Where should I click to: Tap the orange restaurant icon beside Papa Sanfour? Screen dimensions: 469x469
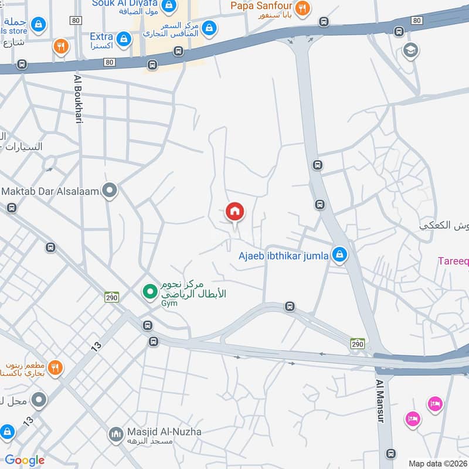pyautogui.click(x=303, y=8)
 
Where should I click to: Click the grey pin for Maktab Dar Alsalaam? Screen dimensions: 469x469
pyautogui.click(x=109, y=191)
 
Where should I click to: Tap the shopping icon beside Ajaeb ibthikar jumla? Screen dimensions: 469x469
pyautogui.click(x=338, y=255)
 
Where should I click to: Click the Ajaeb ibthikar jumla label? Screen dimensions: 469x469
pyautogui.click(x=283, y=256)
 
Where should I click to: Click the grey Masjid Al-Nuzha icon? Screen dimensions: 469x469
pyautogui.click(x=115, y=435)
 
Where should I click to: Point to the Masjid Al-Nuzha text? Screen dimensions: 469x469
pyautogui.click(x=164, y=432)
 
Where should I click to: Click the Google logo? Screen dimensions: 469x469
pyautogui.click(x=25, y=460)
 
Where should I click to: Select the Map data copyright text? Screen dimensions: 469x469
pyautogui.click(x=438, y=463)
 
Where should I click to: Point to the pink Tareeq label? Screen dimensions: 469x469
pyautogui.click(x=453, y=261)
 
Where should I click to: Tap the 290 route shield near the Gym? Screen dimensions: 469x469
pyautogui.click(x=111, y=297)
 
